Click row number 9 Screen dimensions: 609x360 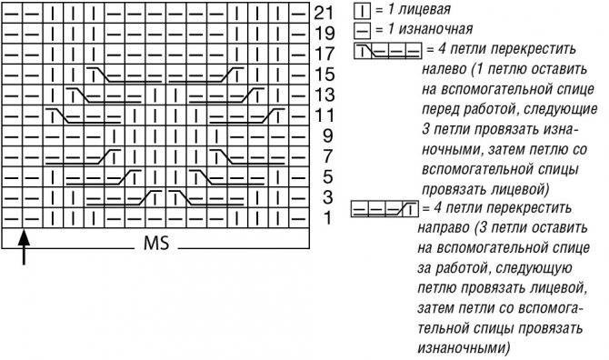click(x=326, y=135)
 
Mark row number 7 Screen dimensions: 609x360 click(x=326, y=156)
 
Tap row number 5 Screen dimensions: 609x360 click(x=326, y=176)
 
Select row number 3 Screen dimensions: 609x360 click(x=326, y=197)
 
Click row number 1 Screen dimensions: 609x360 click(x=326, y=218)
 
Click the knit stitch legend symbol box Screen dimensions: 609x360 click(x=360, y=11)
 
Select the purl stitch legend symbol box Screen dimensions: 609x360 click(x=360, y=31)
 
